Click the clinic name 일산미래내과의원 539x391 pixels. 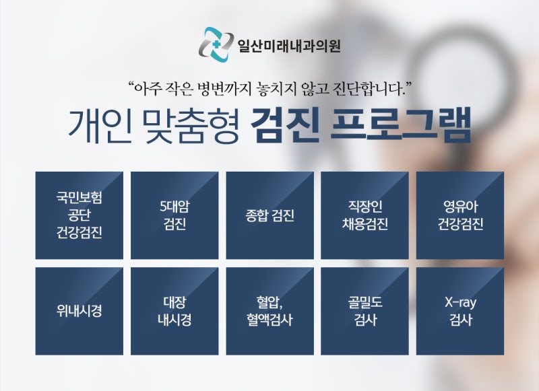click(x=289, y=45)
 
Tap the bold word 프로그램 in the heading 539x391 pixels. click(x=400, y=126)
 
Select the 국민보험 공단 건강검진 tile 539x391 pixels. click(x=80, y=215)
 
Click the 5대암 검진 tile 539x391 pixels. click(x=175, y=215)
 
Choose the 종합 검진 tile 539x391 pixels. click(x=270, y=215)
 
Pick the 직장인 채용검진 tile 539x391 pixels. click(x=364, y=215)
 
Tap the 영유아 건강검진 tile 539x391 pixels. click(x=460, y=215)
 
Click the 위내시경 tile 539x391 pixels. click(x=80, y=312)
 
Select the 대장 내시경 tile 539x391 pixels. click(x=175, y=312)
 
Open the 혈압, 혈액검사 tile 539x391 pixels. click(x=270, y=312)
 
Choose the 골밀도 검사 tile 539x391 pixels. click(x=364, y=312)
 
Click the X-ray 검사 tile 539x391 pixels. click(x=460, y=312)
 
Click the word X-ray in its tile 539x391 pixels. click(x=461, y=303)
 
